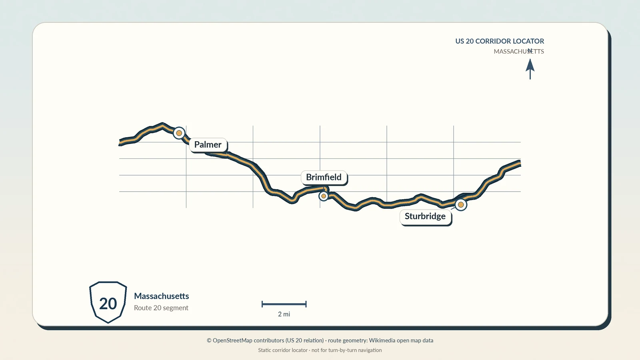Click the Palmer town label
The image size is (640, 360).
(x=208, y=144)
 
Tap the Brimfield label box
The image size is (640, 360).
(x=324, y=177)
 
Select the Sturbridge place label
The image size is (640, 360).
(x=425, y=216)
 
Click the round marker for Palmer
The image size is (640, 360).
(x=179, y=133)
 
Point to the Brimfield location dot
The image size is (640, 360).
(x=324, y=196)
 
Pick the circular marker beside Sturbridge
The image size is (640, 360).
(x=461, y=204)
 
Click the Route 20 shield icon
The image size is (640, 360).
(x=108, y=302)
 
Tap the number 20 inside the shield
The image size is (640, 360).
(x=108, y=304)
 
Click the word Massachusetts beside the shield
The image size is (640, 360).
(x=162, y=296)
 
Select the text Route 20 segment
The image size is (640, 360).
(x=161, y=308)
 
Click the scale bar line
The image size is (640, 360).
(x=284, y=304)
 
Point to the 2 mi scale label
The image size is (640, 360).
(x=284, y=314)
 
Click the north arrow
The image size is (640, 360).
(x=530, y=69)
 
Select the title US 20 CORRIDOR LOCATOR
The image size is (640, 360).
(x=500, y=41)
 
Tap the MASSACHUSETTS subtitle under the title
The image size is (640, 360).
(x=519, y=52)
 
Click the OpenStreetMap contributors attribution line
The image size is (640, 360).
(x=320, y=340)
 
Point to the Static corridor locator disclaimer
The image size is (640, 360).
(x=320, y=350)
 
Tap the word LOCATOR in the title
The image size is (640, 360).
(x=528, y=41)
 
